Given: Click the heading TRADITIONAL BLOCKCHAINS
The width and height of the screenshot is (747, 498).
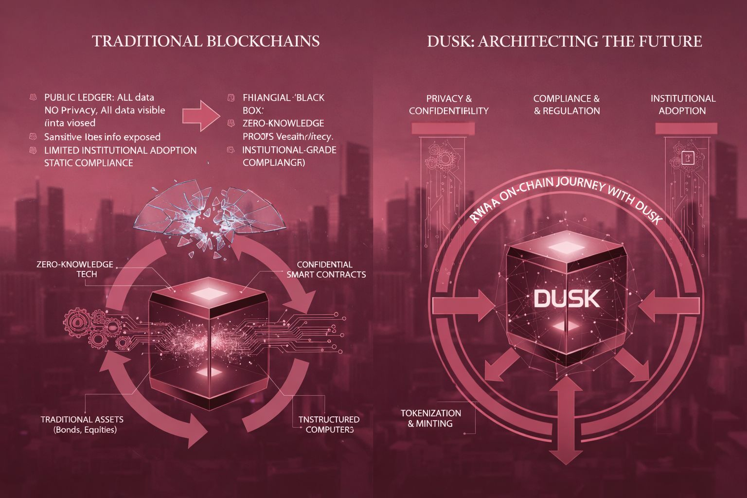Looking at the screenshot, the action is [x=206, y=41].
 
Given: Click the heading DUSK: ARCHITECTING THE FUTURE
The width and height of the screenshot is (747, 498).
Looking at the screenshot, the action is [x=564, y=41].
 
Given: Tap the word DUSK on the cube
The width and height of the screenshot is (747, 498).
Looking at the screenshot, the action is [x=567, y=299].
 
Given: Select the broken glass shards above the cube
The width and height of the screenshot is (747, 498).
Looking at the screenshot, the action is [x=209, y=214].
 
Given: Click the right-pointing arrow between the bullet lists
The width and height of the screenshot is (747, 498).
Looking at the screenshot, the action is [x=201, y=115].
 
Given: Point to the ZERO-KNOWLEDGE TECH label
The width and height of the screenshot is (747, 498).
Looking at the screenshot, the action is [x=75, y=269].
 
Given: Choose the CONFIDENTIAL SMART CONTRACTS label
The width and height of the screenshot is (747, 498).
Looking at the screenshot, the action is [x=326, y=269].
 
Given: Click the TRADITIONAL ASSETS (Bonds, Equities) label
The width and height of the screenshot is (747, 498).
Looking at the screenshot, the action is [x=82, y=424].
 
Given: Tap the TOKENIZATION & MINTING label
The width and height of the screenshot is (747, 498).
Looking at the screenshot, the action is [x=430, y=418].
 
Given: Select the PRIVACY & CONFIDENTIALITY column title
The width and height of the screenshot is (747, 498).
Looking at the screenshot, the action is [x=448, y=105].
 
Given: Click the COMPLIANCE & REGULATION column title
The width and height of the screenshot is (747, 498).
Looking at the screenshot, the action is [x=567, y=105].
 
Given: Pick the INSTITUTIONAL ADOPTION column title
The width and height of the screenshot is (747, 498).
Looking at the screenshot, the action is [x=683, y=105].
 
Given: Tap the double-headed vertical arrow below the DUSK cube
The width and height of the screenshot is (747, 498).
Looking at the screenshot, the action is [x=566, y=421].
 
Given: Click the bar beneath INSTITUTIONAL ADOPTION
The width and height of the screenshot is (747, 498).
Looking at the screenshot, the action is [x=686, y=128].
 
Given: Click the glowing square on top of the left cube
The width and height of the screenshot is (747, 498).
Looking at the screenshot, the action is [x=208, y=293].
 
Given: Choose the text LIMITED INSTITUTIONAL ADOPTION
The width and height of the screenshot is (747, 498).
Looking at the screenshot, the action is [x=120, y=150].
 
